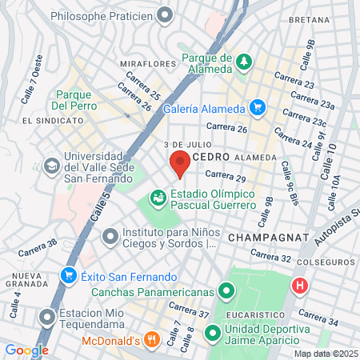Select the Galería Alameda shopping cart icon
[257, 107]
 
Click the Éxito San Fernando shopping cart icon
[69, 277]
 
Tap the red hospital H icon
[300, 285]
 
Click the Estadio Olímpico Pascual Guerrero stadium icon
[158, 198]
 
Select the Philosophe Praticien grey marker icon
[166, 14]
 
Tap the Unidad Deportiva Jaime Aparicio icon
[213, 332]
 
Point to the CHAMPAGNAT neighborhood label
[262, 238]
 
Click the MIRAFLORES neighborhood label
[147, 63]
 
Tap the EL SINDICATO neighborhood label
[53, 121]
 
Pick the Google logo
[26, 350]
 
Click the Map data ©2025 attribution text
[325, 354]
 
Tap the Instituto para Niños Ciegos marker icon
[110, 236]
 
